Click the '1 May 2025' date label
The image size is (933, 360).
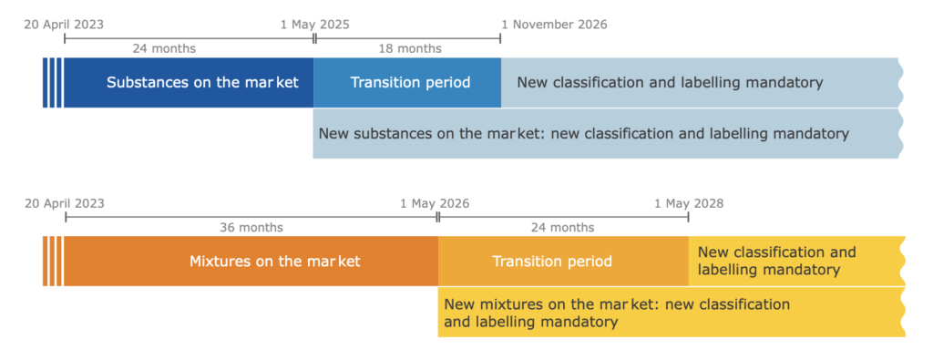(x=314, y=25)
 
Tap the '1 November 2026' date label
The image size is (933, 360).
(x=554, y=25)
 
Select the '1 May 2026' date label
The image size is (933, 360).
(x=435, y=203)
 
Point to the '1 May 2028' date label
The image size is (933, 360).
(x=689, y=203)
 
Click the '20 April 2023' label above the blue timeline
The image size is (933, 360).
(x=64, y=25)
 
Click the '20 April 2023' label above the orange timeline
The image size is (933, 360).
(x=65, y=203)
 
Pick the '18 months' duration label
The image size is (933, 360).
(x=410, y=48)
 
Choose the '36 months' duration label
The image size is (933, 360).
(x=251, y=227)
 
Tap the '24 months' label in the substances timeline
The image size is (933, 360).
(x=164, y=48)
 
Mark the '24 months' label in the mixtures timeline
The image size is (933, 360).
(x=562, y=227)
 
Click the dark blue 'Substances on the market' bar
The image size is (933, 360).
(x=189, y=83)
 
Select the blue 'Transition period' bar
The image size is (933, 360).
(x=407, y=83)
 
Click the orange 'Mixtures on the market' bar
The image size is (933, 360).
(x=251, y=262)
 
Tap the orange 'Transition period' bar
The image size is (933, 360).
(x=563, y=262)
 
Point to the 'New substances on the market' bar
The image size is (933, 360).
(x=608, y=133)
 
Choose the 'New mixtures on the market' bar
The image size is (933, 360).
(x=672, y=313)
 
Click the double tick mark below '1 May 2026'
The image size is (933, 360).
(x=438, y=217)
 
